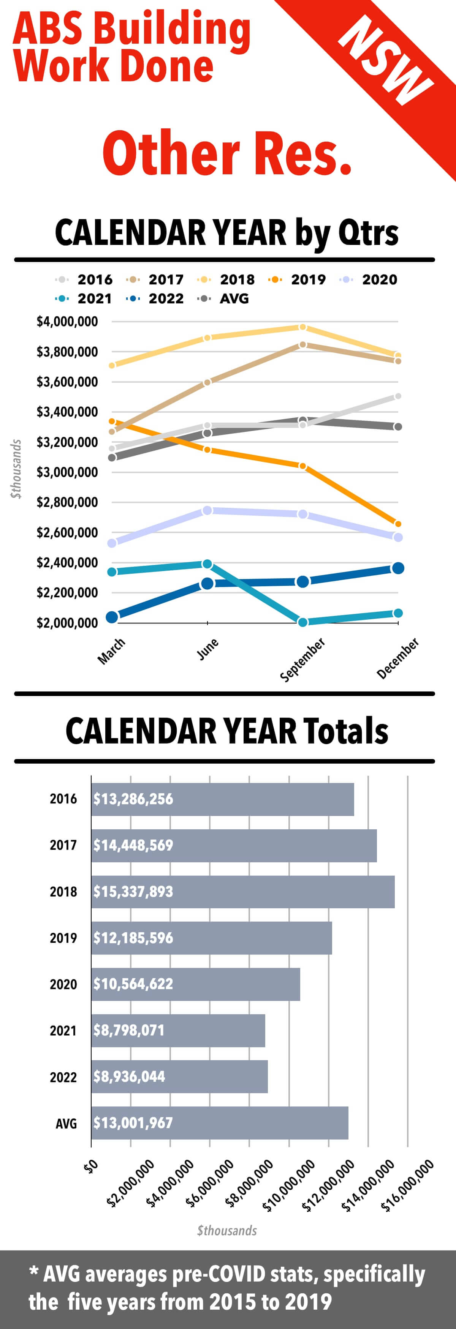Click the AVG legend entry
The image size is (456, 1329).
pos(223,299)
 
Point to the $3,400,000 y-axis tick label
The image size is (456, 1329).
pos(67,412)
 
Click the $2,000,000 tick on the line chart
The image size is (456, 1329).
pos(67,623)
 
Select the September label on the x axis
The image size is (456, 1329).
pos(302,659)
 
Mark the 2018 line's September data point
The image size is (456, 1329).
pos(302,327)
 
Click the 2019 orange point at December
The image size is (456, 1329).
pos(397,524)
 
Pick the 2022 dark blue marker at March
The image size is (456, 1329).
pos(112,617)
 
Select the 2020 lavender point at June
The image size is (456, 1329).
pos(207,510)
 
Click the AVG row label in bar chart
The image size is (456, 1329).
pos(66,1123)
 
